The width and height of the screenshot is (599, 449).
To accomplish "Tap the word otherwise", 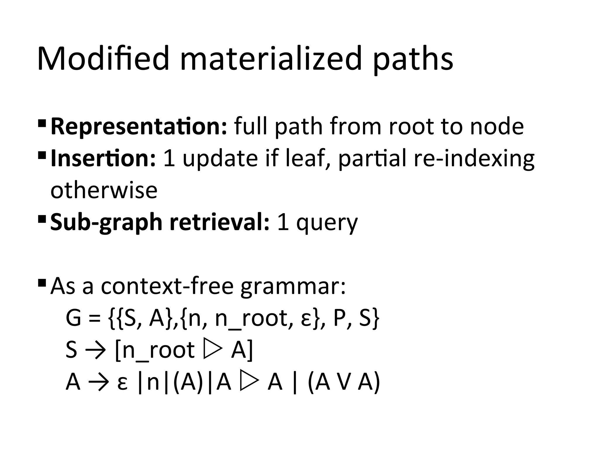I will click(104, 191).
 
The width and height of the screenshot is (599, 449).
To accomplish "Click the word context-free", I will click(167, 286).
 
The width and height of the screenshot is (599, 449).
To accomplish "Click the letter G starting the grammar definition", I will click(73, 318).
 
